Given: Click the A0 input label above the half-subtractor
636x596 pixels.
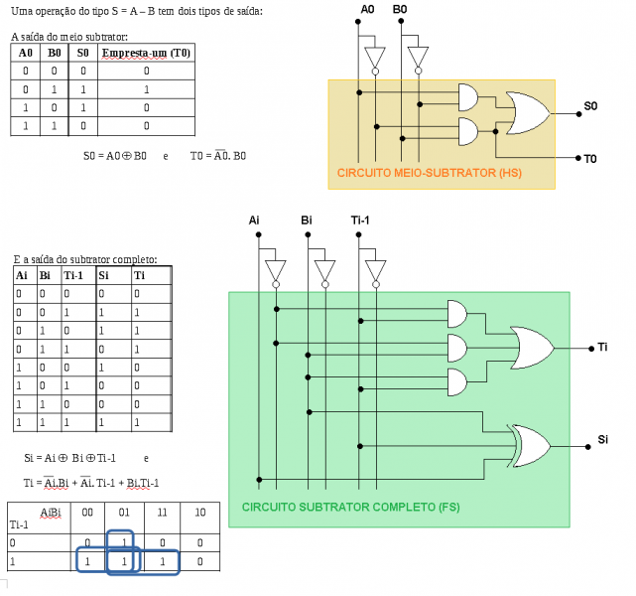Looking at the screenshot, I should pos(368,9).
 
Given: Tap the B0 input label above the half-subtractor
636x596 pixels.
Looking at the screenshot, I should pos(400,9).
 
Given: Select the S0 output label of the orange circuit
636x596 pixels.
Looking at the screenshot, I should pos(590,105).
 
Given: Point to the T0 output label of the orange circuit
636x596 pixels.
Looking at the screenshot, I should pos(590,158).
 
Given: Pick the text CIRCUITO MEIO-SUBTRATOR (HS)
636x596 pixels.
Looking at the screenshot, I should pos(429,173).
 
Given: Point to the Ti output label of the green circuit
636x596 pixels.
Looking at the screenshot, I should pos(604,348).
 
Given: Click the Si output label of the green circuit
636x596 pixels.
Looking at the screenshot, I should pos(603,439).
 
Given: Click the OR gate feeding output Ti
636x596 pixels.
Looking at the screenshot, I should pos(531,347).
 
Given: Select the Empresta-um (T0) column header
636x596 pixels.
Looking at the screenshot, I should pos(146,53).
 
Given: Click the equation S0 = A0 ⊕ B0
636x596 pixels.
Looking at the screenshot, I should pos(115,156).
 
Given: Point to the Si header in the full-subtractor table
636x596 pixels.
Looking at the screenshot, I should pos(104,275).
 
